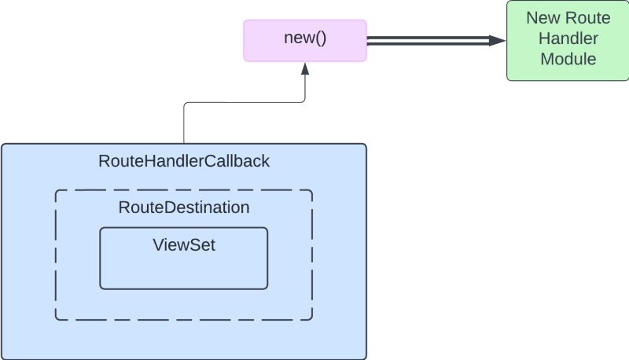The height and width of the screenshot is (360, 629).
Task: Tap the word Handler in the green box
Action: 567,38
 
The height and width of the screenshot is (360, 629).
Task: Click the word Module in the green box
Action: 567,58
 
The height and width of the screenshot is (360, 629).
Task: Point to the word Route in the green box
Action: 590,17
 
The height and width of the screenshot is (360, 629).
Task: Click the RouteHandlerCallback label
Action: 184,162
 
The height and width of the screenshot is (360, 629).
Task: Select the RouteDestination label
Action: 184,208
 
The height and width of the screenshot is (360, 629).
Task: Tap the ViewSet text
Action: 184,244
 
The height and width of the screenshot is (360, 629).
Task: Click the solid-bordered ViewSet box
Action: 184,271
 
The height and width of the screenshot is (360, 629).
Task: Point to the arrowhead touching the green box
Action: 497,41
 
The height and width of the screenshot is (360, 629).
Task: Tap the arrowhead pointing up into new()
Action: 304,69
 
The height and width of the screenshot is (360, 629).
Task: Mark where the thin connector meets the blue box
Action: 184,144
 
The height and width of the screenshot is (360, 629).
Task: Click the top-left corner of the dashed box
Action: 56,190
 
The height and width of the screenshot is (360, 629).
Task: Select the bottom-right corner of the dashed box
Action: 312,320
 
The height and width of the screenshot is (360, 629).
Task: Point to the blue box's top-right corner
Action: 366,145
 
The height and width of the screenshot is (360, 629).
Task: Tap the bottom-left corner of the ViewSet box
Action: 101,288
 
